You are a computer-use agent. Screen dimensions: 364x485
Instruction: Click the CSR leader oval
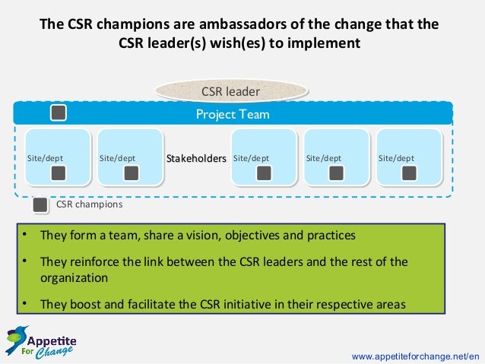click(230, 92)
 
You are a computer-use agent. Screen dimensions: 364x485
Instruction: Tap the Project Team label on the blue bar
click(233, 115)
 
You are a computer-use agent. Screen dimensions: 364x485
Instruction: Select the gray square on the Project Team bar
click(59, 114)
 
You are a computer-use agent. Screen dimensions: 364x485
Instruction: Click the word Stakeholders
click(196, 159)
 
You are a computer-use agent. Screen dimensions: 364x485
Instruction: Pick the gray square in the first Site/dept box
click(59, 173)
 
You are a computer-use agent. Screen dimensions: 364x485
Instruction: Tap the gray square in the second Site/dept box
click(131, 173)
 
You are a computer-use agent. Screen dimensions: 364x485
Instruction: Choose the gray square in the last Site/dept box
click(409, 173)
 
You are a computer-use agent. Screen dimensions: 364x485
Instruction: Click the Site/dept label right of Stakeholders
click(251, 159)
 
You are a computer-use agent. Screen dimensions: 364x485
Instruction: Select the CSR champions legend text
click(90, 204)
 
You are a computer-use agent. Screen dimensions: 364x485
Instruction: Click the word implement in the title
click(326, 43)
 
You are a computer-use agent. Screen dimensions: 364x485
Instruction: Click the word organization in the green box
click(74, 278)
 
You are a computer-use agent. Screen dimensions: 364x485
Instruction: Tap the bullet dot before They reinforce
click(24, 261)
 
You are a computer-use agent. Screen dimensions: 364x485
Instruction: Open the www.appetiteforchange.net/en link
click(416, 355)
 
